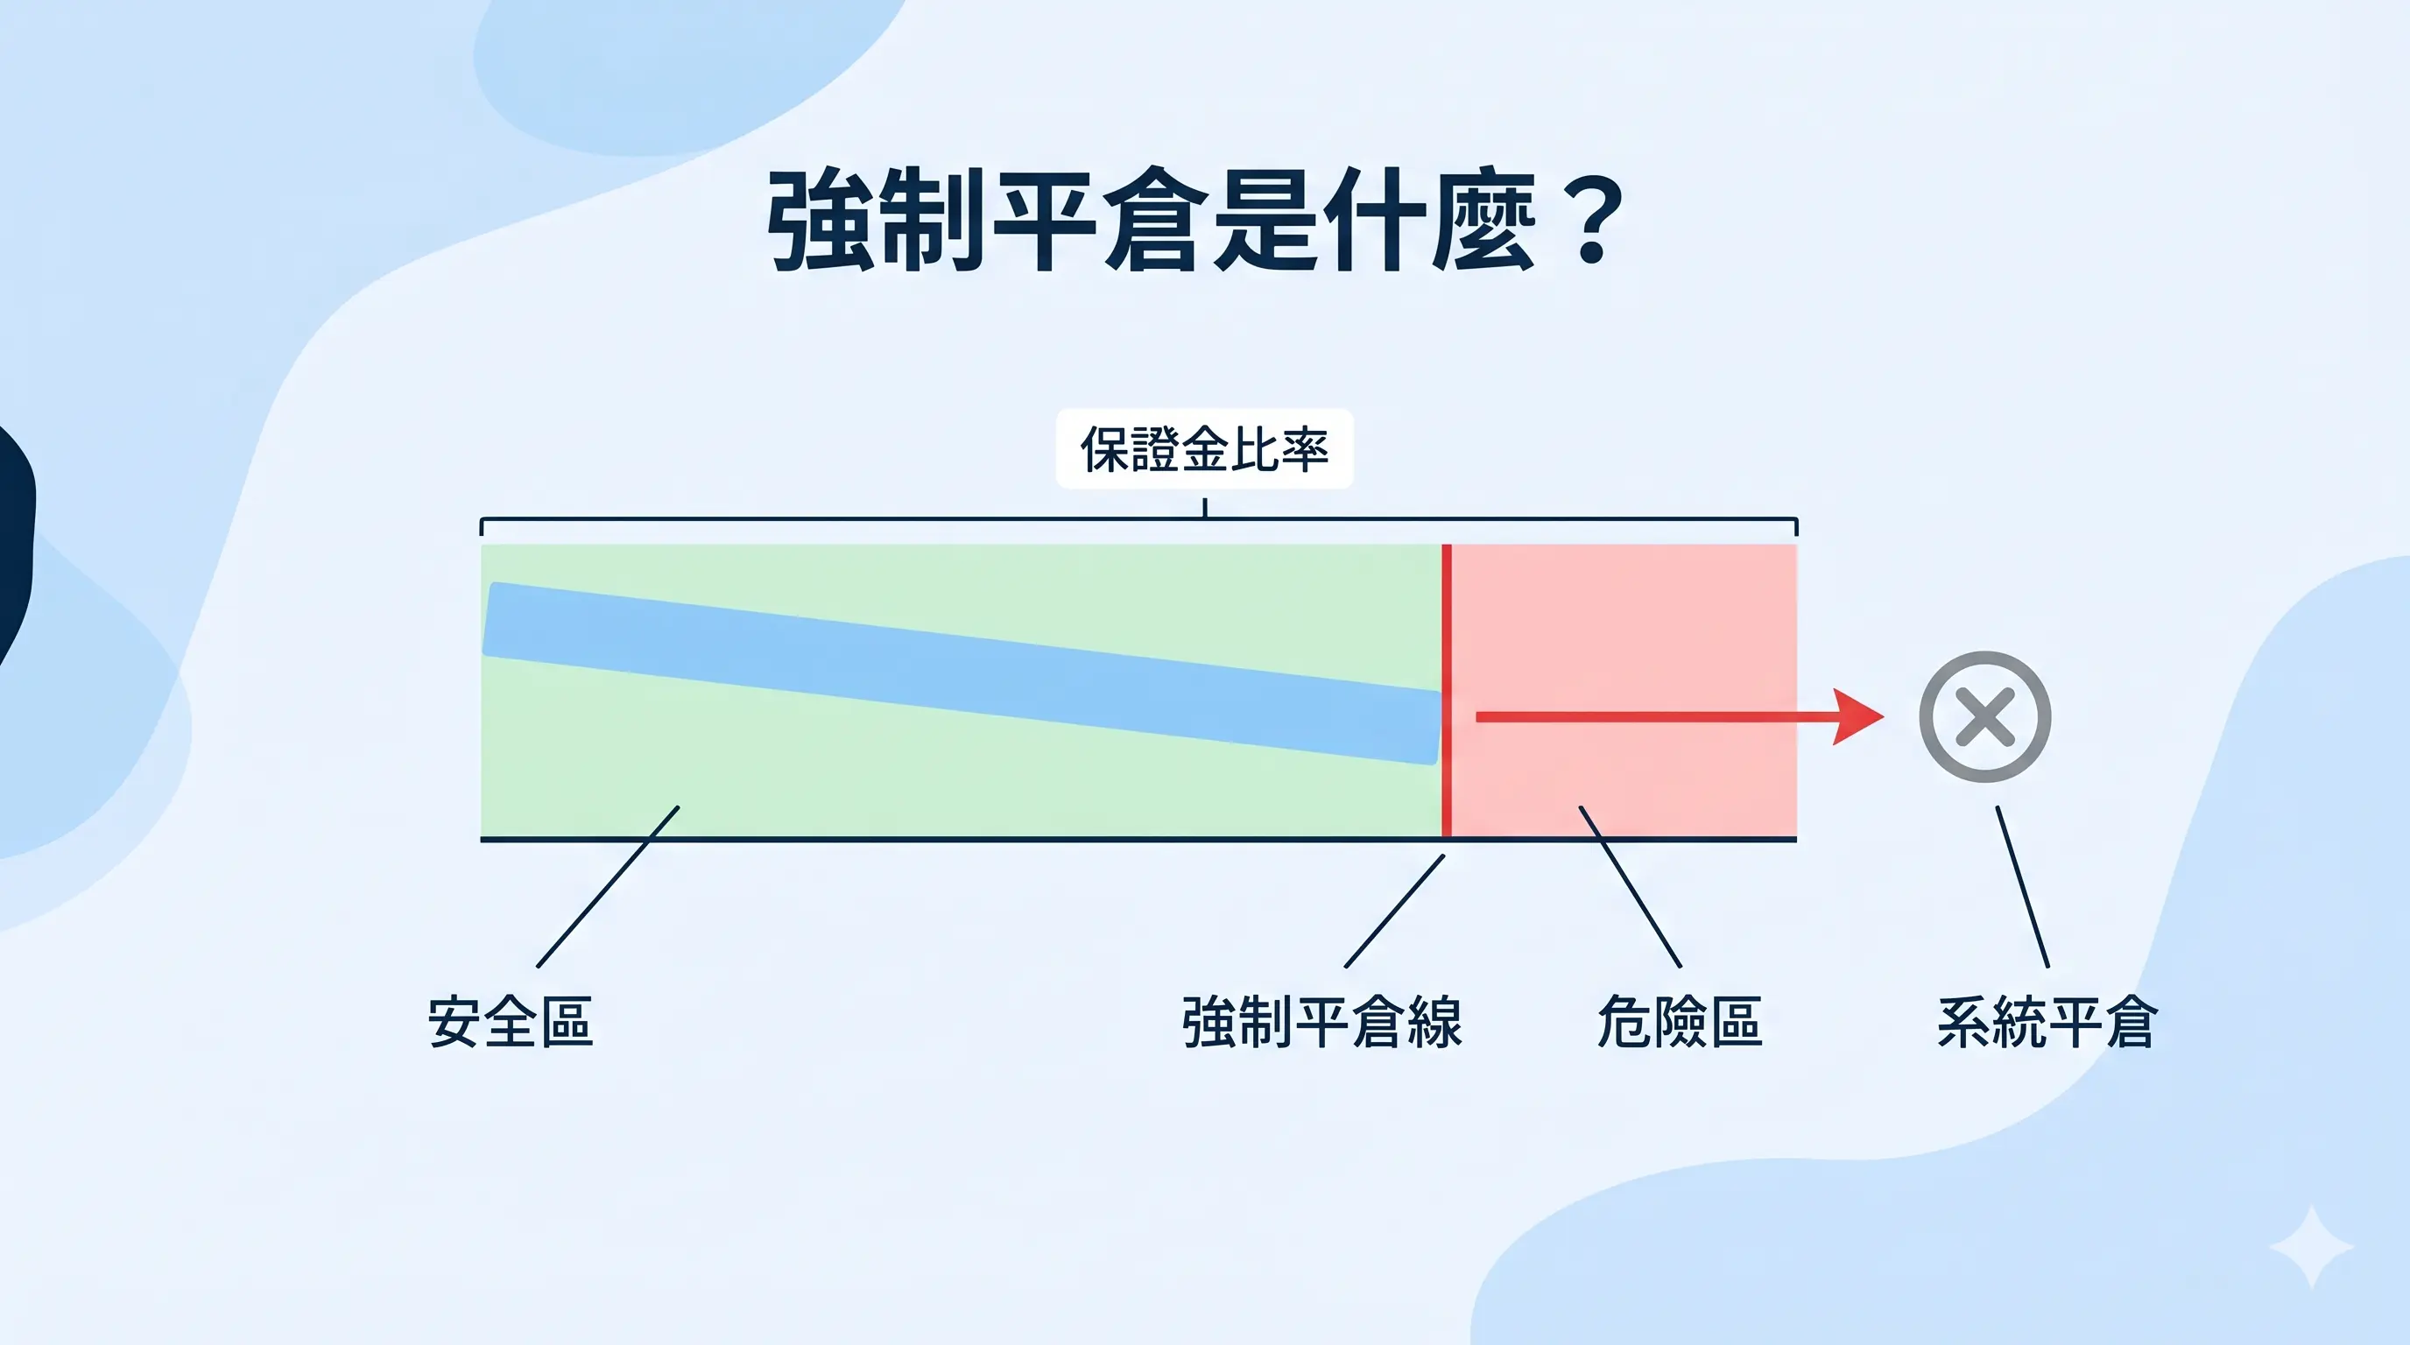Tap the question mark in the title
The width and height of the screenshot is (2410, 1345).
pos(1591,222)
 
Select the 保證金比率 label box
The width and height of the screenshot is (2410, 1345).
pos(1204,449)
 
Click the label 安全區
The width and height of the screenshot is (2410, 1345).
pos(511,1021)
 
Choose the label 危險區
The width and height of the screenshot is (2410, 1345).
pos(1680,1021)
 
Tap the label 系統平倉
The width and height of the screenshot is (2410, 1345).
pos(2047,1021)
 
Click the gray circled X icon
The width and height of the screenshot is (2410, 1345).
pos(1984,717)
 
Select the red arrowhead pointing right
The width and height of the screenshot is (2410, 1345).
pos(1857,717)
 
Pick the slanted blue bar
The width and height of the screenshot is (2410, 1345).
pos(962,673)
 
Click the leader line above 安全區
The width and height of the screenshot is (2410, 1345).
pos(608,886)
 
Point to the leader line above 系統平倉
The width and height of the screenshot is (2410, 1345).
pos(2023,886)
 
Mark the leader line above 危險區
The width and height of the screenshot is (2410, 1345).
pos(1630,886)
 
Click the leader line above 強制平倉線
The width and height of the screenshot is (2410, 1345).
pos(1394,911)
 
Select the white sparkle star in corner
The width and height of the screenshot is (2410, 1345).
pos(2311,1248)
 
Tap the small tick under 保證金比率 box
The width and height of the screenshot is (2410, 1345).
pos(1205,508)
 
